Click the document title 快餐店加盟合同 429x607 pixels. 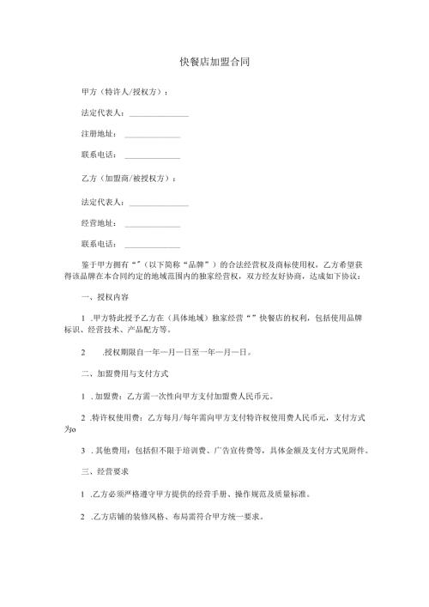pyautogui.click(x=214, y=63)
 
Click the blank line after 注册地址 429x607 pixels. pyautogui.click(x=152, y=137)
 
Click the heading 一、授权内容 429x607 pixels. pyautogui.click(x=104, y=297)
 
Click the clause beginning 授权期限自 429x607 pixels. pyautogui.click(x=129, y=352)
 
